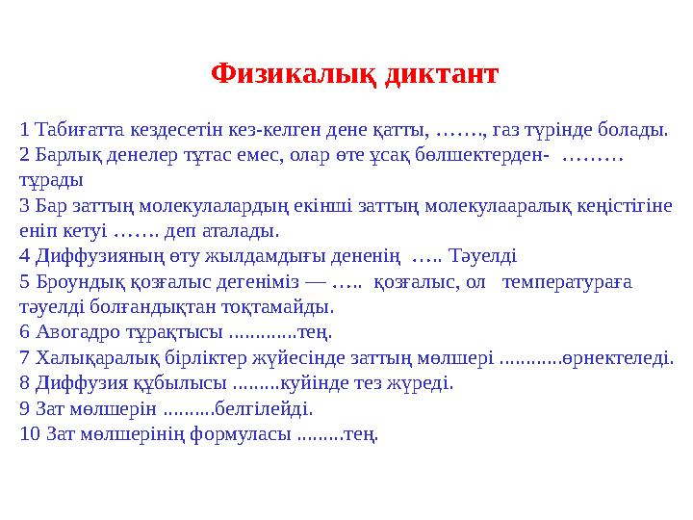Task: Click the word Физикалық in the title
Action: pos(293,74)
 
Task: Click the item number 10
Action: pos(29,434)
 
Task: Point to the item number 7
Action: pos(25,358)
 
